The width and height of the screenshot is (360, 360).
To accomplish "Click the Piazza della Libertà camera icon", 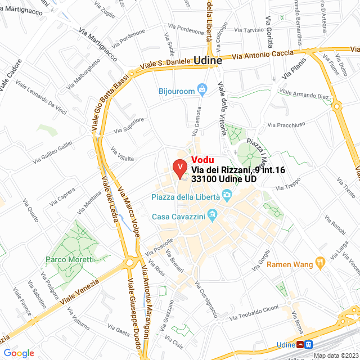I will click(x=227, y=196).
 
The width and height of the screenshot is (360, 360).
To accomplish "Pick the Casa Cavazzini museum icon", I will click(x=212, y=215).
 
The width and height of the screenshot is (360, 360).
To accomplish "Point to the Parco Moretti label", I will click(x=69, y=260).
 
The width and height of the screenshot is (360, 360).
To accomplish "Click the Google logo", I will click(x=19, y=353).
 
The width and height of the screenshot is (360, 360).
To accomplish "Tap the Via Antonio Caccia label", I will click(x=263, y=55).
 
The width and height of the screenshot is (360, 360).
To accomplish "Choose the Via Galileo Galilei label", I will click(x=53, y=153).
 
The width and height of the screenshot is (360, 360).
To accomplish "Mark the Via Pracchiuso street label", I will click(x=286, y=124).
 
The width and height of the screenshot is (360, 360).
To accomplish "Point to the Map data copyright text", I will click(x=336, y=355).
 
